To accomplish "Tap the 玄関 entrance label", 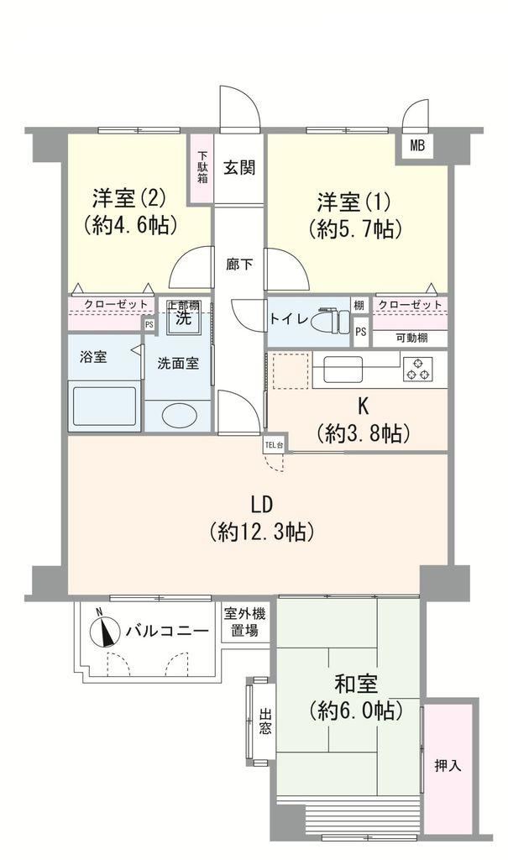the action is pos(239,167).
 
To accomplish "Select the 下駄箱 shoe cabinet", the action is pos(202,168).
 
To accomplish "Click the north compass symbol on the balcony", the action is pos(105,631).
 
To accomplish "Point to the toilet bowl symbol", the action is pos(330,322).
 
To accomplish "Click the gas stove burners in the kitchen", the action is pos(419,370).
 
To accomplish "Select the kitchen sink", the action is pos(343,370).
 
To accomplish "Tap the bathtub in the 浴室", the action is pos(105,406).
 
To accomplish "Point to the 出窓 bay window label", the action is pos(265,721).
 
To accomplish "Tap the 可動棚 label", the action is pos(411,338).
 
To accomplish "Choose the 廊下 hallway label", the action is pos(240,265).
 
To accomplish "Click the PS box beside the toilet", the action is pos(360,332).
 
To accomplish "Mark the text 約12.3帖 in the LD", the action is pos(262,532).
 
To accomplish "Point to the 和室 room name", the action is pos(356,684).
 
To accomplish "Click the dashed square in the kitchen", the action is pos(291,370).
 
